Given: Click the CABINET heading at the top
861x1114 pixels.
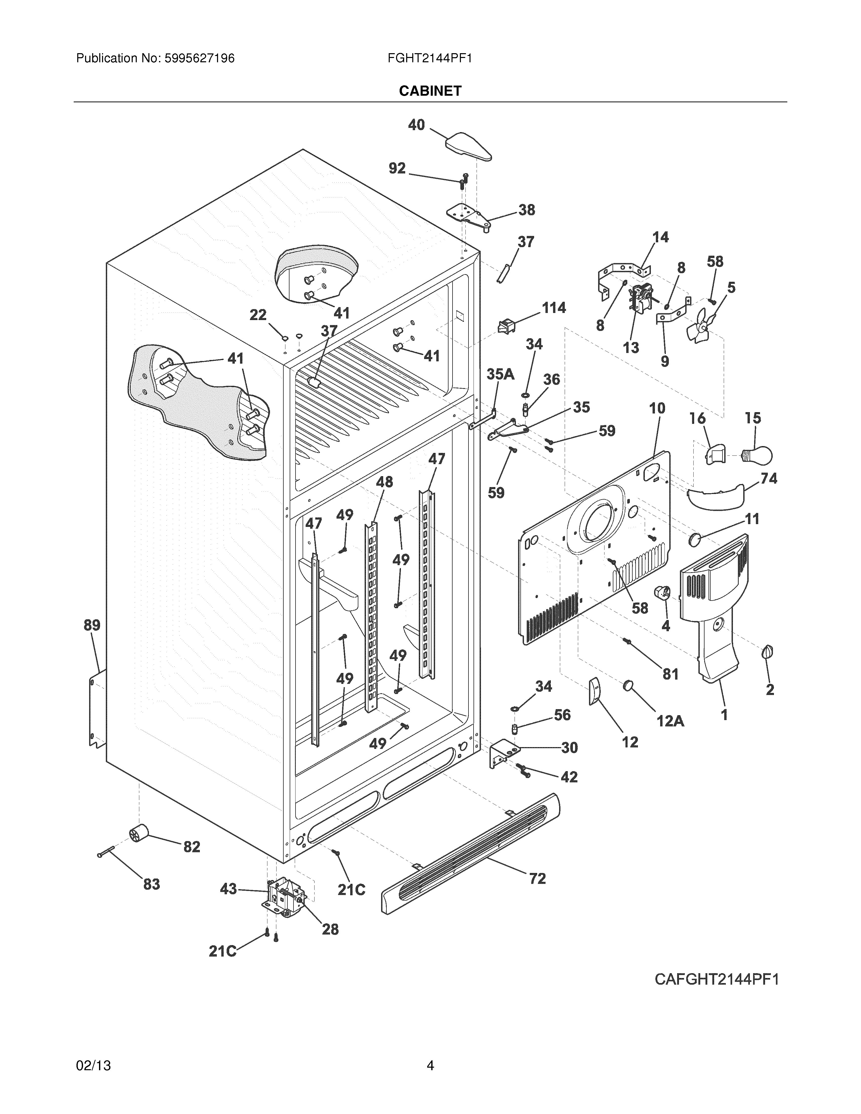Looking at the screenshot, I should click(430, 91).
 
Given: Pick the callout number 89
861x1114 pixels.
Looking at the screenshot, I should click(92, 625).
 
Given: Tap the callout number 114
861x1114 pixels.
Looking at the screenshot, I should click(553, 308).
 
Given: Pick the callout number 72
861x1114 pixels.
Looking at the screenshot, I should click(537, 878).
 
